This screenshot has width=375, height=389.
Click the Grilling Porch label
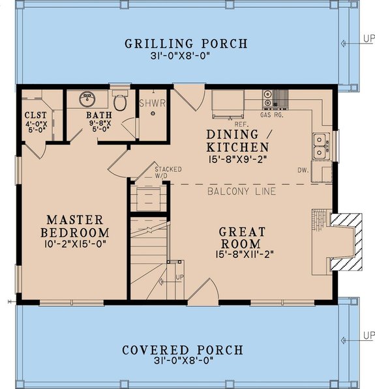(187, 44)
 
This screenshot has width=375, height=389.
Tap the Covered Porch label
(183, 351)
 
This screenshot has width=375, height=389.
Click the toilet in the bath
(119, 102)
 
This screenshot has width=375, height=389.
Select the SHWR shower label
(153, 104)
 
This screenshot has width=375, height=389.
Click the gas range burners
(269, 100)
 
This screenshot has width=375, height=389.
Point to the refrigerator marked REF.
(228, 104)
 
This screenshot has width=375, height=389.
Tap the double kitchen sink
(319, 145)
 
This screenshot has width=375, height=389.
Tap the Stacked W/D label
(168, 171)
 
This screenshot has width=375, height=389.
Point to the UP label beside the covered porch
(368, 336)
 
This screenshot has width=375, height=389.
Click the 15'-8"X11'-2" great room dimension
(242, 254)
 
